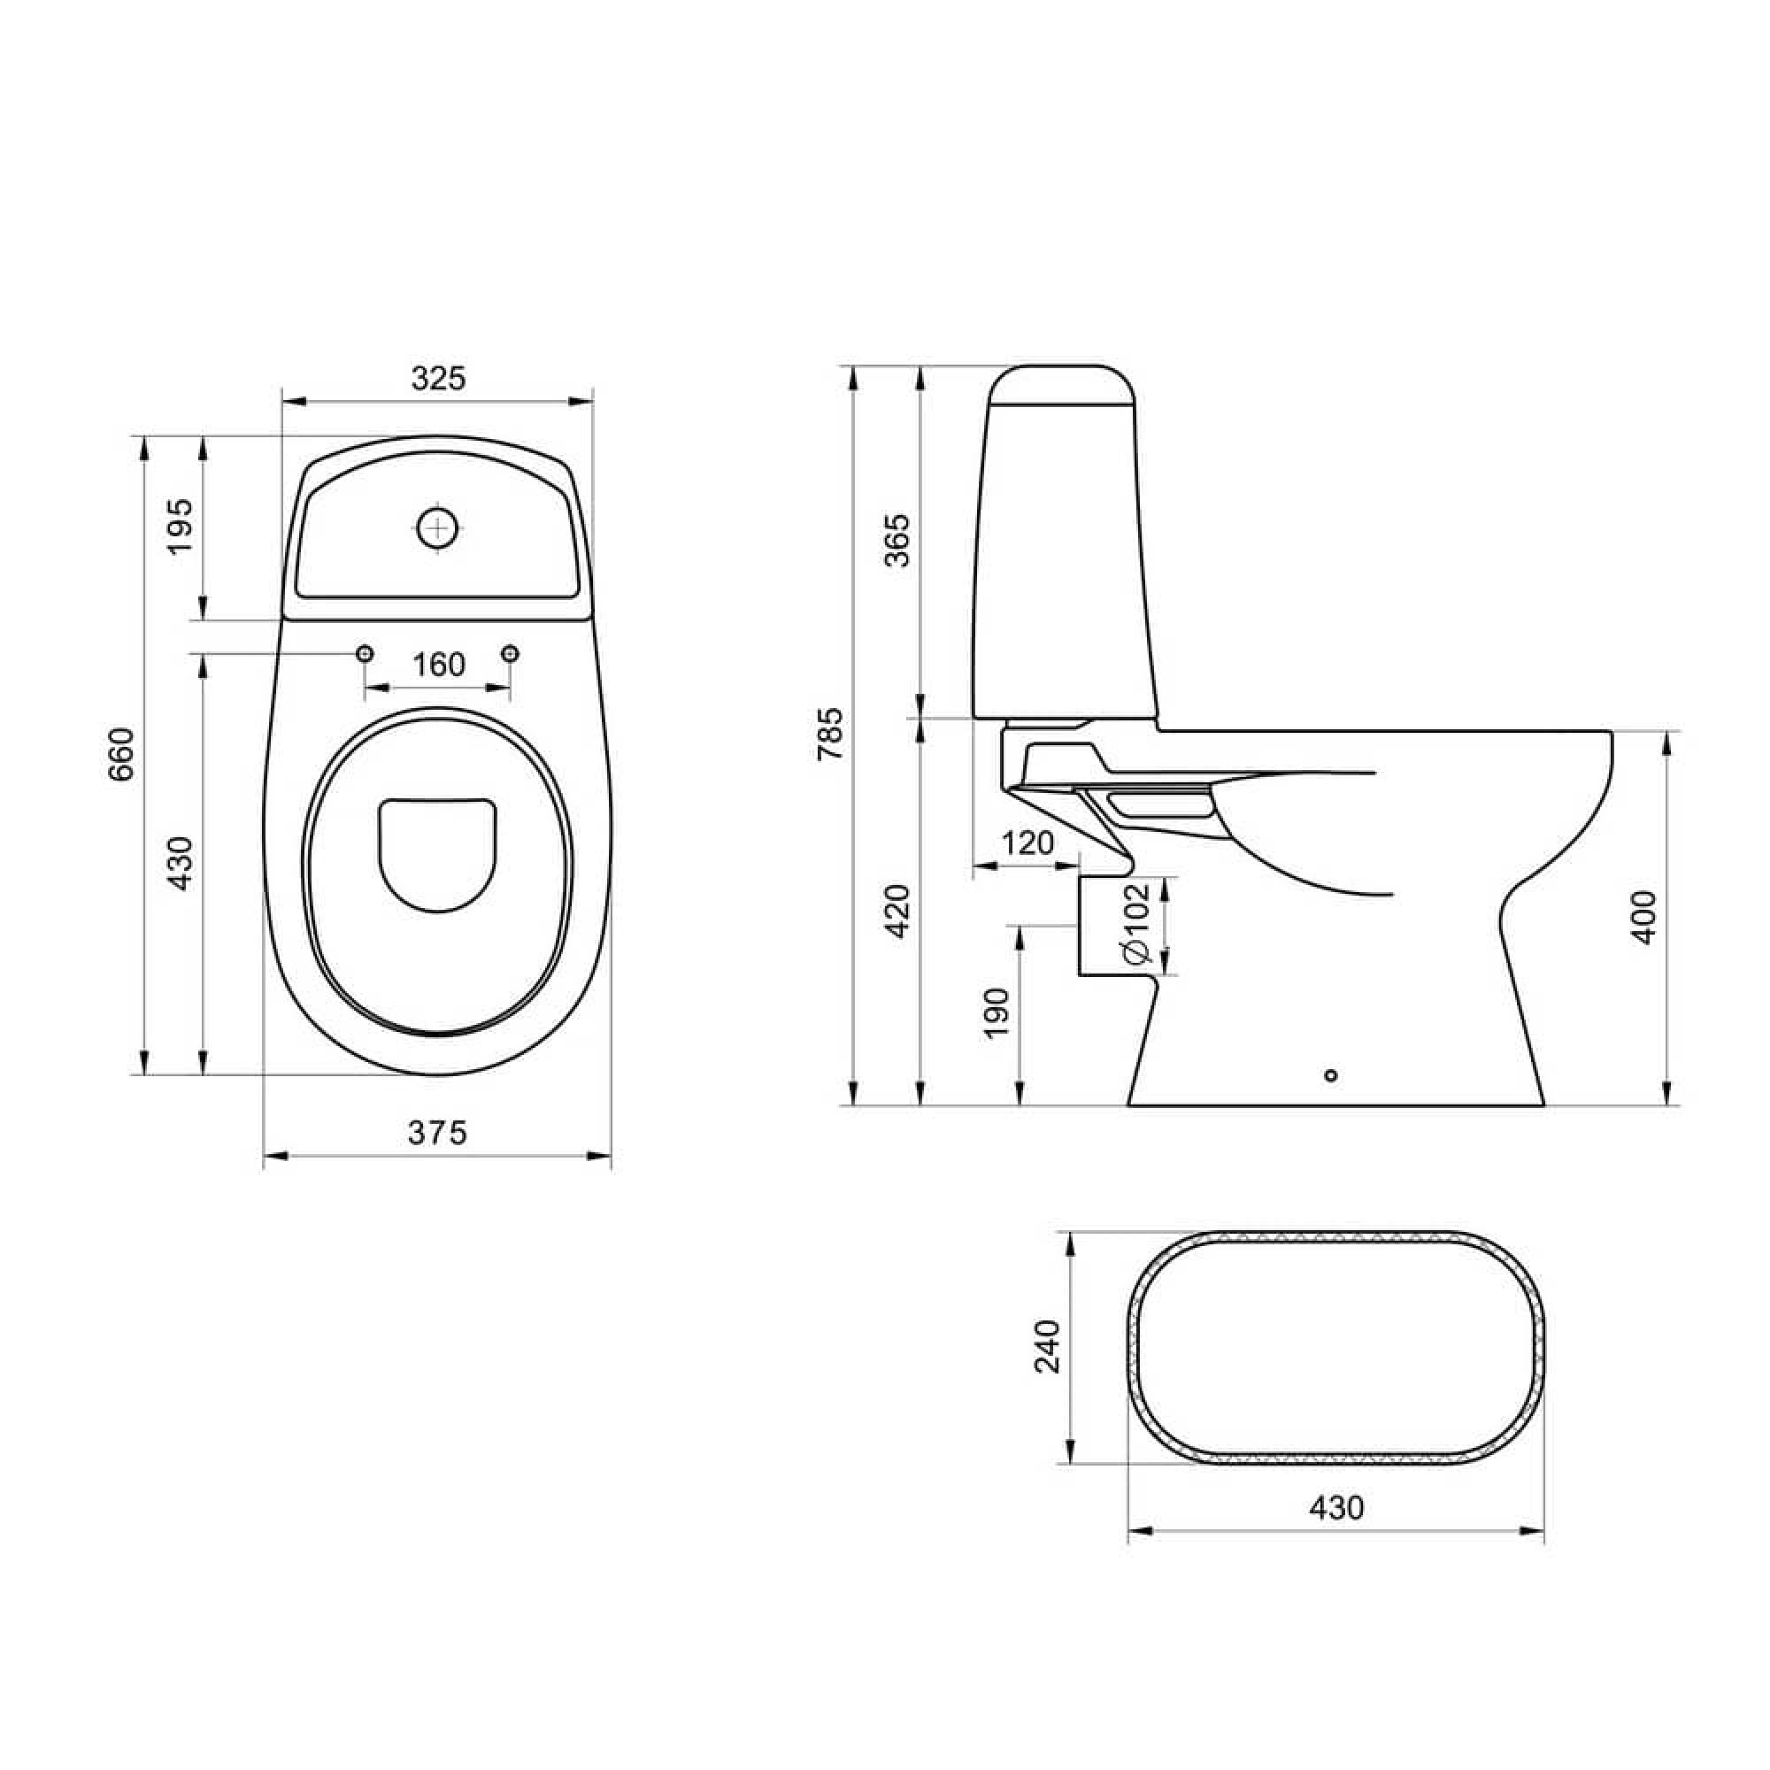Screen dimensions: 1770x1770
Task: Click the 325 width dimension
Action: (438, 379)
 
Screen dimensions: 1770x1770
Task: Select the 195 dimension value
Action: (181, 526)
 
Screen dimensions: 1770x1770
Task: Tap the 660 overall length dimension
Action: (121, 754)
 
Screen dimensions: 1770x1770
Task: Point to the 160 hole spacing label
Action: (439, 665)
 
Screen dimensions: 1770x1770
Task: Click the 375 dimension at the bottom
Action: (437, 1134)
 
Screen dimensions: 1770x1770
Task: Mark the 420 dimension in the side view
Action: (899, 911)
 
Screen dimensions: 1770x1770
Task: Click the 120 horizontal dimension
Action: (1027, 843)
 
